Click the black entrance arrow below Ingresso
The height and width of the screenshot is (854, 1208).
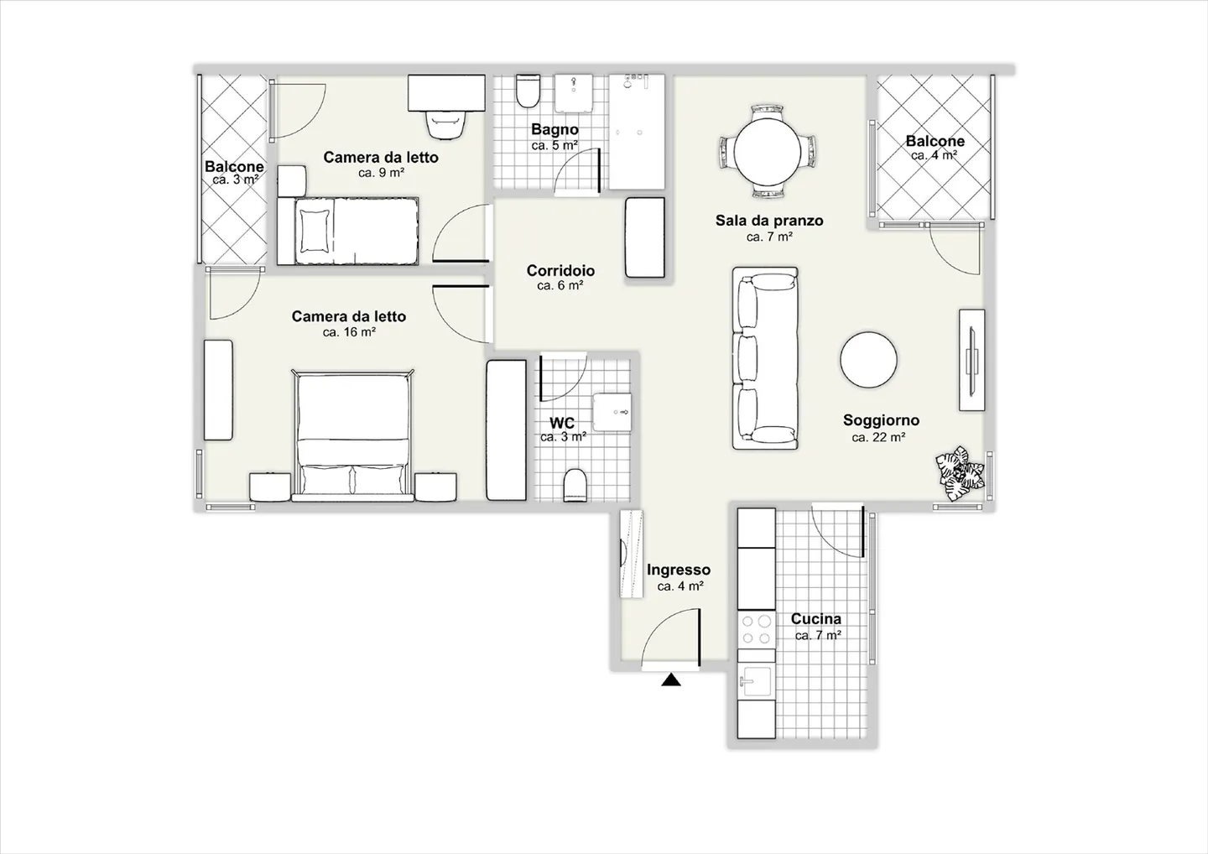pyautogui.click(x=670, y=680)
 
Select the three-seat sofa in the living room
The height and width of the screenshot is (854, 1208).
pyautogui.click(x=764, y=359)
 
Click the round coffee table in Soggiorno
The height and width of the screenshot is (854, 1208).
pyautogui.click(x=869, y=360)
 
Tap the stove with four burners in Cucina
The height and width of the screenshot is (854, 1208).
pyautogui.click(x=756, y=629)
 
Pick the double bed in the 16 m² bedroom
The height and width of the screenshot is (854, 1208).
pyautogui.click(x=353, y=435)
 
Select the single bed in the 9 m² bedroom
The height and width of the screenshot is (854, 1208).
pyautogui.click(x=347, y=231)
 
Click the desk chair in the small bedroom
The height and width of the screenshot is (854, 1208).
pyautogui.click(x=445, y=124)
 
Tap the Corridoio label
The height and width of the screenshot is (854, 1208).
pyautogui.click(x=560, y=271)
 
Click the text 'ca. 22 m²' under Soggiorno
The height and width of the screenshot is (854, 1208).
pyautogui.click(x=878, y=437)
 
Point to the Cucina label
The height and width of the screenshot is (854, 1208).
pyautogui.click(x=815, y=619)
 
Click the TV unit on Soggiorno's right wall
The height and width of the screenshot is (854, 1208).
pyautogui.click(x=971, y=360)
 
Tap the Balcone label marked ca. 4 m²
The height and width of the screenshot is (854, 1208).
pyautogui.click(x=935, y=142)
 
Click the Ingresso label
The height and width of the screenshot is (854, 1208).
pyautogui.click(x=678, y=570)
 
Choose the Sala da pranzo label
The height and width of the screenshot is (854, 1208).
pyautogui.click(x=768, y=221)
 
